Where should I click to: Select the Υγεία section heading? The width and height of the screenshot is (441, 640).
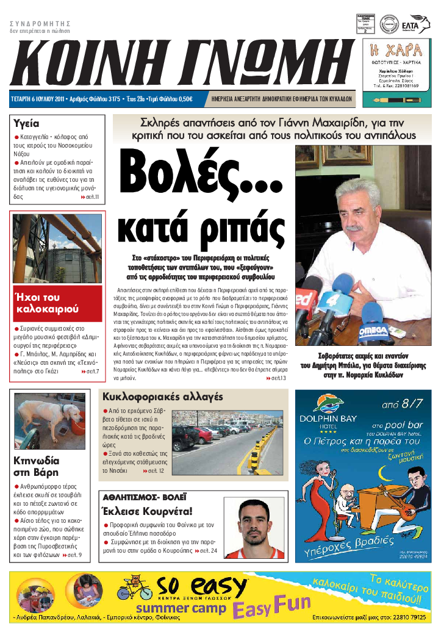(x=27, y=123)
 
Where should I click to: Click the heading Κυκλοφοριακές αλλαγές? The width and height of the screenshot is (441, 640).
(x=162, y=397)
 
